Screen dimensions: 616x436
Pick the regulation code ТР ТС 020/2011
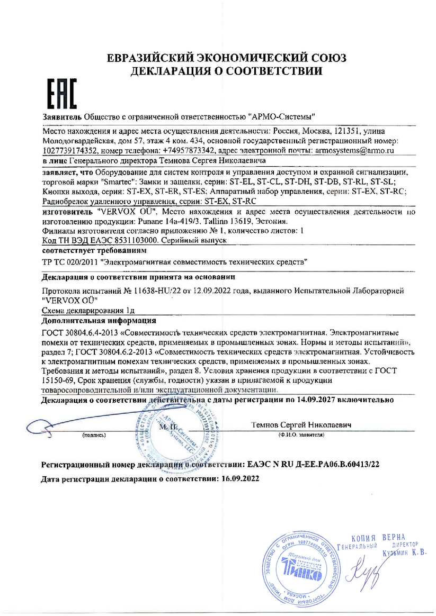point(72,262)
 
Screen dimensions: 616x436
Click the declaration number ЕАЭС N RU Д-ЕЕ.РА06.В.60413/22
point(314,464)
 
